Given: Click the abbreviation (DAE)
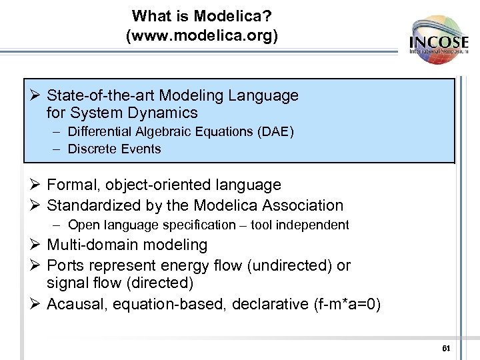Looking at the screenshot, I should pos(275,132).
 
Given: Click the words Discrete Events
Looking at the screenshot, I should pos(115,149).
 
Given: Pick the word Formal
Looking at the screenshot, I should pos(73,185).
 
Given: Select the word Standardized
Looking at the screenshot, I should pos(91,205).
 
